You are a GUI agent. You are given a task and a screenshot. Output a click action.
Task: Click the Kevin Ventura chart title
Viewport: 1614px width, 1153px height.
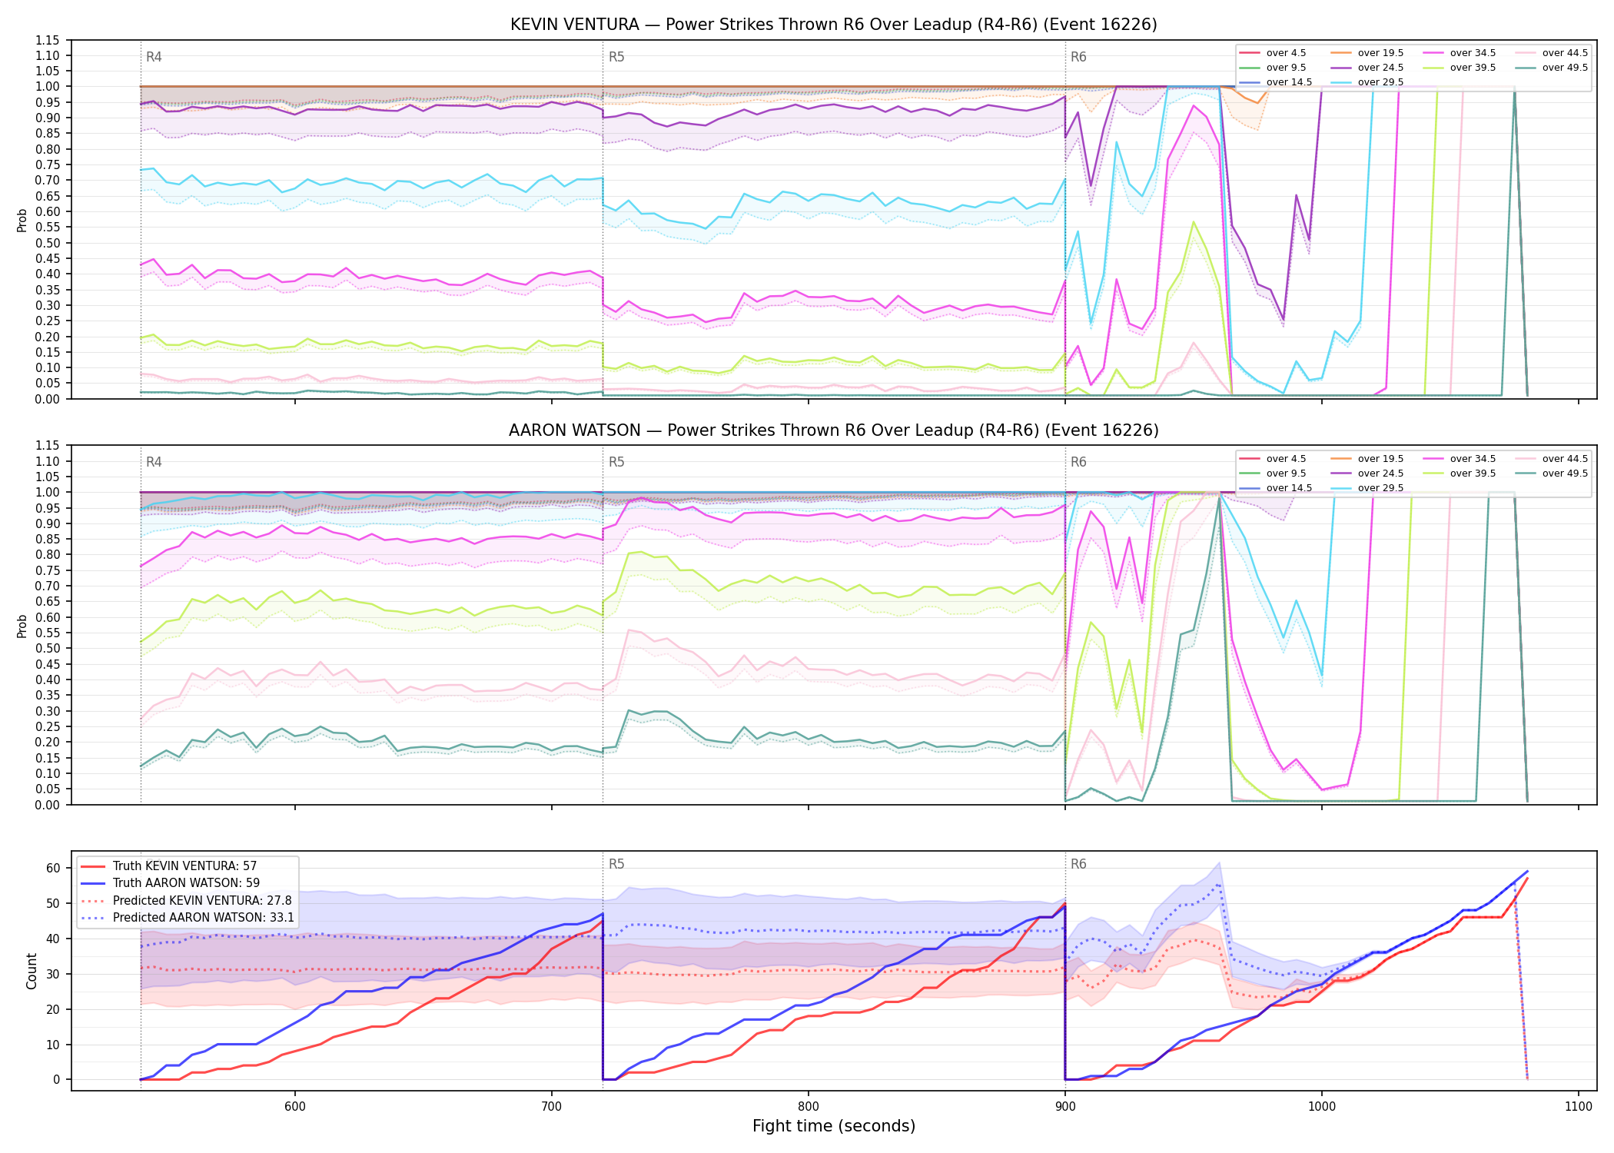tap(833, 25)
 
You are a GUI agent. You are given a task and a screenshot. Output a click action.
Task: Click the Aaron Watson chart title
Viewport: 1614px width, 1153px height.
tap(833, 430)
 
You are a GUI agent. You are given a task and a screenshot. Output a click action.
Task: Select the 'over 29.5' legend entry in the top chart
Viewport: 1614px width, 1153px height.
tap(1367, 82)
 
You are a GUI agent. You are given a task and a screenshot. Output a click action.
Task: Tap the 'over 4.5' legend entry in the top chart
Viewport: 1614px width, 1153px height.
tap(1273, 53)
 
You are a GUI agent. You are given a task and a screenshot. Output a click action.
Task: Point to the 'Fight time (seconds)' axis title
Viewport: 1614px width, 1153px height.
tap(834, 1126)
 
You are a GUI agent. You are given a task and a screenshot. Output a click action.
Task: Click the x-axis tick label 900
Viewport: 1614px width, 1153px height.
tap(1065, 1106)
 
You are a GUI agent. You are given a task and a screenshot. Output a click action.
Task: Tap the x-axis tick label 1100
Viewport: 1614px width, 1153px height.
tap(1578, 1106)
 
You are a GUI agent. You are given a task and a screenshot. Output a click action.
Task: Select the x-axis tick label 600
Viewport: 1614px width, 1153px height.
tap(295, 1106)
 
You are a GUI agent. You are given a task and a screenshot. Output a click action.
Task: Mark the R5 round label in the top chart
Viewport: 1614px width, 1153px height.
tap(616, 57)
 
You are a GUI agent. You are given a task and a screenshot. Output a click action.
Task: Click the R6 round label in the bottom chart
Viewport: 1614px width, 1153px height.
tap(1078, 864)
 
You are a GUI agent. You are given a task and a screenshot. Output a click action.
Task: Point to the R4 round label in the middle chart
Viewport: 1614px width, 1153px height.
tap(154, 462)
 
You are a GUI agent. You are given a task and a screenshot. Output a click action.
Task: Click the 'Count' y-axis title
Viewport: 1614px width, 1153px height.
tap(32, 971)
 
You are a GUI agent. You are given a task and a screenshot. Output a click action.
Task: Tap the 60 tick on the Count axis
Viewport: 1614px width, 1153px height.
tap(53, 869)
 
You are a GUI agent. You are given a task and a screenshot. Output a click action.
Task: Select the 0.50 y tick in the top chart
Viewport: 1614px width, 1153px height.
tap(48, 243)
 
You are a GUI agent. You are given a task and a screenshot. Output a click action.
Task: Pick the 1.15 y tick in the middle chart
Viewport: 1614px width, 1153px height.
tap(48, 446)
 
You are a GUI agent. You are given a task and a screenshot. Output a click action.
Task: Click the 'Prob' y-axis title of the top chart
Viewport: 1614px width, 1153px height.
tap(22, 220)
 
